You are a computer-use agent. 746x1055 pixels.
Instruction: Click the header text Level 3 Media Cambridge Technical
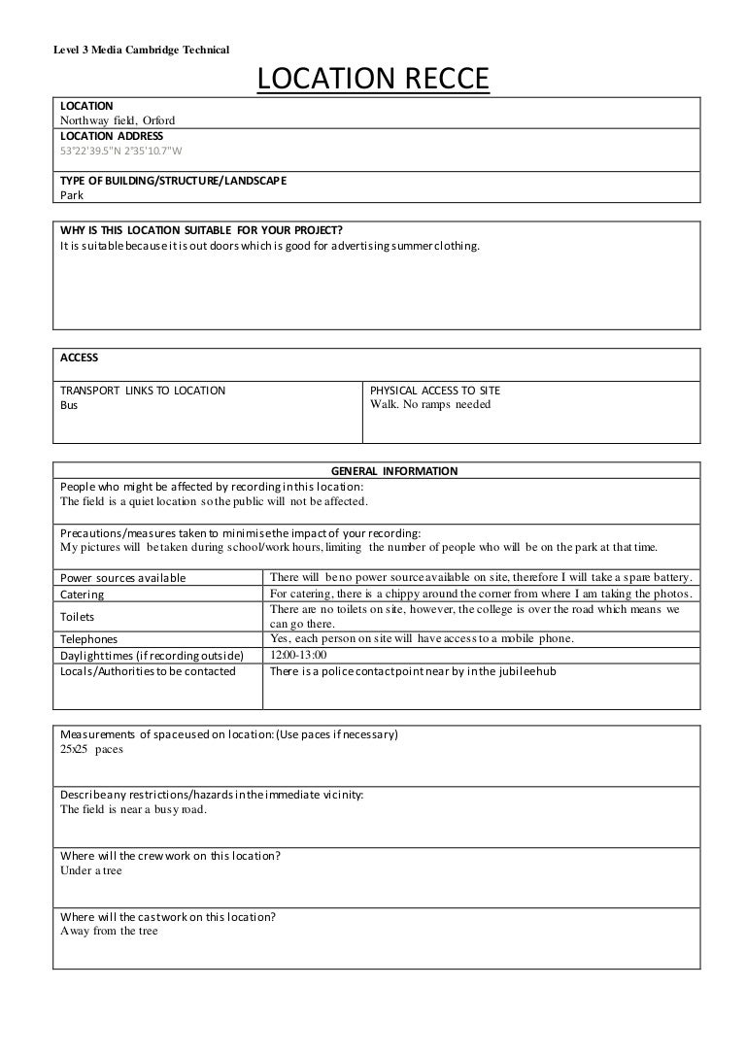140,51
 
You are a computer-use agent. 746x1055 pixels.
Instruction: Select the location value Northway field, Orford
118,120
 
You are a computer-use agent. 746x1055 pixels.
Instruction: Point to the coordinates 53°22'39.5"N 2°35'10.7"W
121,151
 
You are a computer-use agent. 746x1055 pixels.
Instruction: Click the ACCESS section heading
80,357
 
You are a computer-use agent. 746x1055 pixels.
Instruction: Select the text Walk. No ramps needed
431,405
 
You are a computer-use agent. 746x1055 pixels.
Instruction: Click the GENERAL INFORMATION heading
394,471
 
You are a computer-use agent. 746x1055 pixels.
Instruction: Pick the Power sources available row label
123,578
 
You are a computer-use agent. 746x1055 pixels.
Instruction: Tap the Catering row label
83,594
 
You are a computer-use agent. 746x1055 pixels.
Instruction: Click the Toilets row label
79,616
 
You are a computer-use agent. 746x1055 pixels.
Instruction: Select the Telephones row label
89,639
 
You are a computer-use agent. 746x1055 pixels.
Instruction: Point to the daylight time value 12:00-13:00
299,655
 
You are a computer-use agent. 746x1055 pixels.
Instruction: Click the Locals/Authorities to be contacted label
148,671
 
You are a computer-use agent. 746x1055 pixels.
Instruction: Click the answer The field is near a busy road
133,809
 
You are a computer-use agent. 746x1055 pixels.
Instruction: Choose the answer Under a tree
91,870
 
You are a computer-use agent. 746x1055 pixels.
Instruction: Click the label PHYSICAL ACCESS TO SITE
436,391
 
